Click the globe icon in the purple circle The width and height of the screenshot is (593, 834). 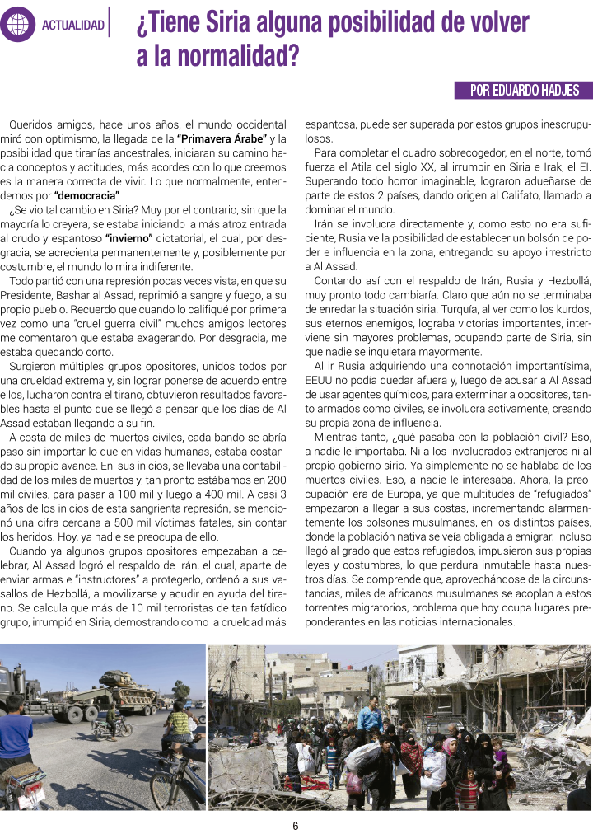tap(18, 25)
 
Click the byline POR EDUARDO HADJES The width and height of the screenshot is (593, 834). tap(524, 91)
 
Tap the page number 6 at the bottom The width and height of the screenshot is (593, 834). tap(296, 825)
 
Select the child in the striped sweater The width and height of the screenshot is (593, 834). tap(466, 790)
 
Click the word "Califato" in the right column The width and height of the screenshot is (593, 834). tap(506, 196)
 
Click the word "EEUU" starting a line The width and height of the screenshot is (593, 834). tap(320, 379)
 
